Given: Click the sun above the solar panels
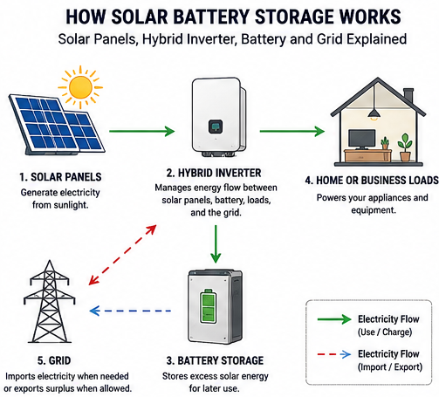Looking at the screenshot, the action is click(x=80, y=87).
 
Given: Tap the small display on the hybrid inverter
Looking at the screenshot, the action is click(x=216, y=127).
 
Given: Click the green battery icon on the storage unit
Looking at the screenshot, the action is click(x=209, y=306).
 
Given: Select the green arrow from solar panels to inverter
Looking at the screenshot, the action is click(x=141, y=131).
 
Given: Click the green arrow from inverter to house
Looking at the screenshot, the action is click(x=292, y=131).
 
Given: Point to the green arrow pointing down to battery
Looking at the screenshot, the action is click(x=216, y=243).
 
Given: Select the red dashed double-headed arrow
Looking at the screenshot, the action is click(x=122, y=255).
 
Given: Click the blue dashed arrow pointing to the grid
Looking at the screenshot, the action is click(x=130, y=311).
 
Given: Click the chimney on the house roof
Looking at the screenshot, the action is click(x=408, y=95).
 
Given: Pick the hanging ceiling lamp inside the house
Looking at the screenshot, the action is click(x=374, y=113).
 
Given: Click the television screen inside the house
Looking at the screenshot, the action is click(x=361, y=139).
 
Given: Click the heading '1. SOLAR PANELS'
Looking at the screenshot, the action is click(x=60, y=177).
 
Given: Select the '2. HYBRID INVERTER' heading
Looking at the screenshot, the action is click(x=214, y=173).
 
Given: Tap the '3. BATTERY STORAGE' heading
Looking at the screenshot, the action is click(x=215, y=360).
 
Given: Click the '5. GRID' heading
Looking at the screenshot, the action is click(x=54, y=360).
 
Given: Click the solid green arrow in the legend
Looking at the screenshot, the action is click(x=334, y=319).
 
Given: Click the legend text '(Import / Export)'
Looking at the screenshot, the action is click(x=390, y=366).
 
